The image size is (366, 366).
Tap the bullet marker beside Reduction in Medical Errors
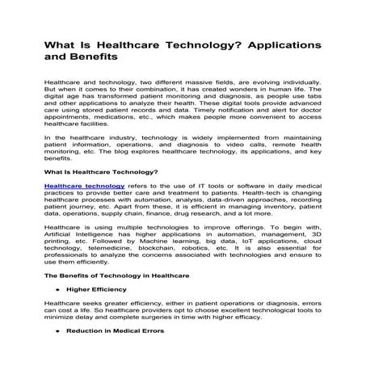tap(57, 331)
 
